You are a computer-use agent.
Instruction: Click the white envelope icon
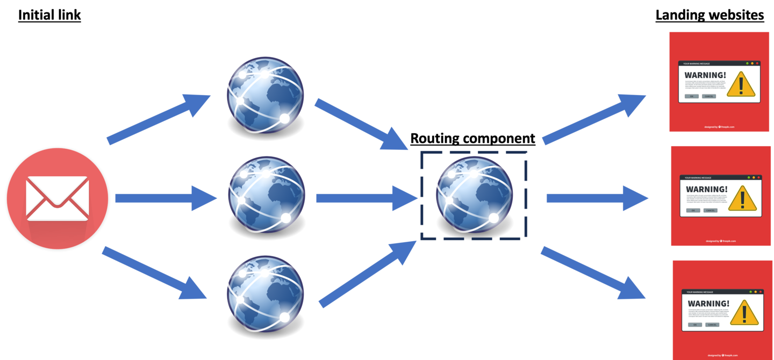pos(58,198)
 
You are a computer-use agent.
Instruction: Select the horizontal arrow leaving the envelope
pos(164,198)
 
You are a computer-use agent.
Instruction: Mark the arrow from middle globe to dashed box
pos(365,198)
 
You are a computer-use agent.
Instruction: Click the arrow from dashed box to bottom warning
pos(591,273)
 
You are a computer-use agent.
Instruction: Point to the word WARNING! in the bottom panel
pos(708,304)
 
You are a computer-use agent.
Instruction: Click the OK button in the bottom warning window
pos(695,325)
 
